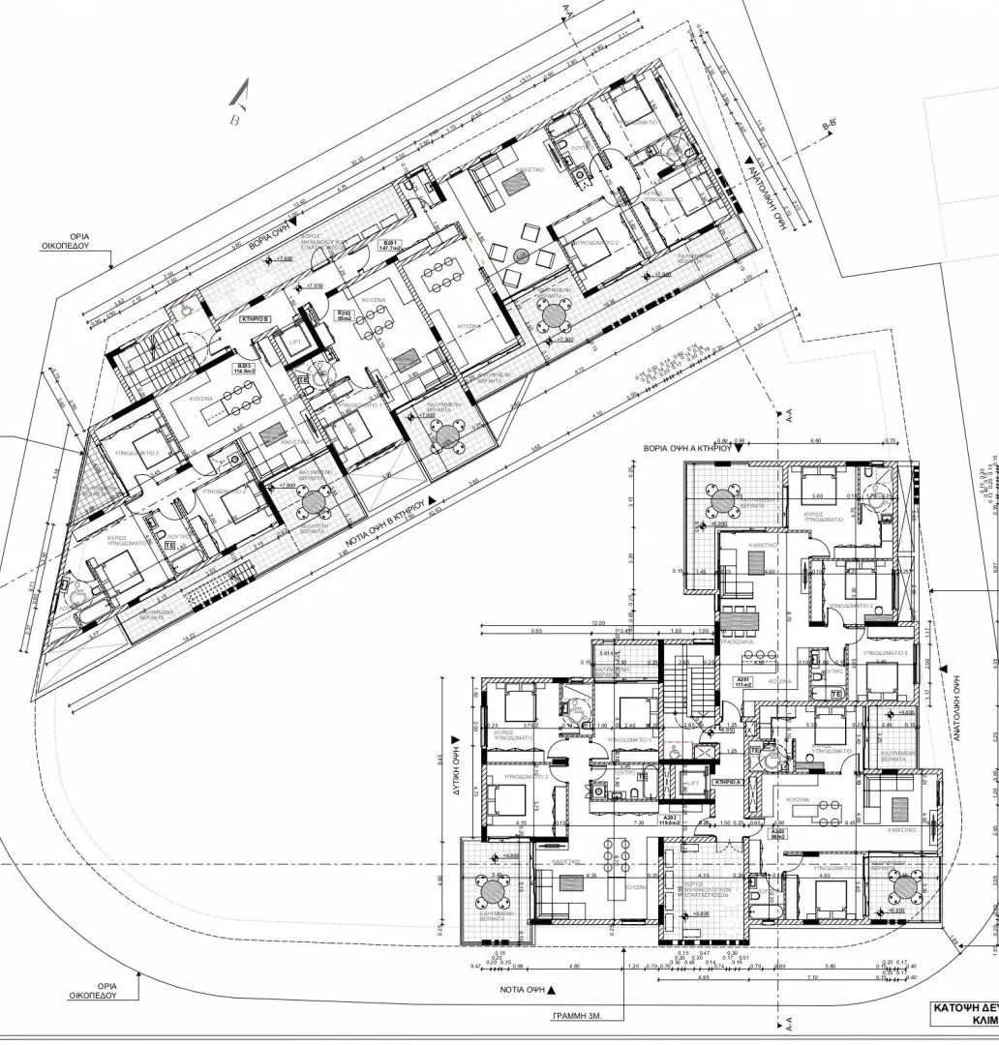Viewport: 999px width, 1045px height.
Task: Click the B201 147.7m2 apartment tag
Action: [x=391, y=246]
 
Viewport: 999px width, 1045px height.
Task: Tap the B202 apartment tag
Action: [x=344, y=315]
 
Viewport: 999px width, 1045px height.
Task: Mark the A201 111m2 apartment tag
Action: [x=743, y=681]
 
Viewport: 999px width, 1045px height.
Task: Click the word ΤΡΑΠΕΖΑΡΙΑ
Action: [x=738, y=642]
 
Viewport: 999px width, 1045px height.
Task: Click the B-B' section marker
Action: [x=829, y=126]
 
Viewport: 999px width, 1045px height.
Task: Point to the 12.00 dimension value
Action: [x=599, y=623]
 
